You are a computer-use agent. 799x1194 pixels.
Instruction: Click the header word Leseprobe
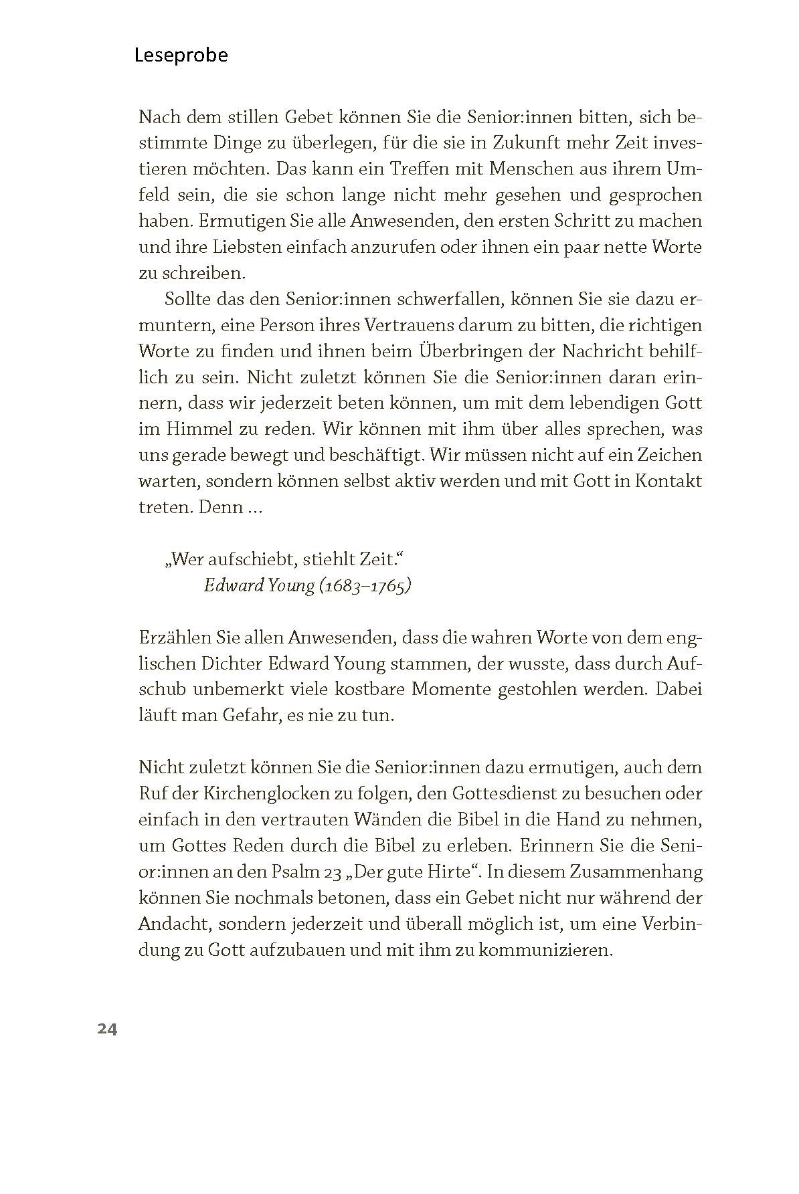[181, 56]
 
